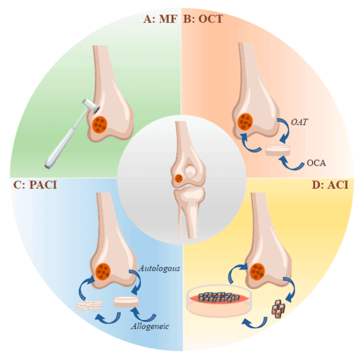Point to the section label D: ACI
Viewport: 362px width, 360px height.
tap(329, 184)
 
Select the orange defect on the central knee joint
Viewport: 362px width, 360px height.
tap(179, 179)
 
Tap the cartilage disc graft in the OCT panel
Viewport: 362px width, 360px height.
tap(277, 151)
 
